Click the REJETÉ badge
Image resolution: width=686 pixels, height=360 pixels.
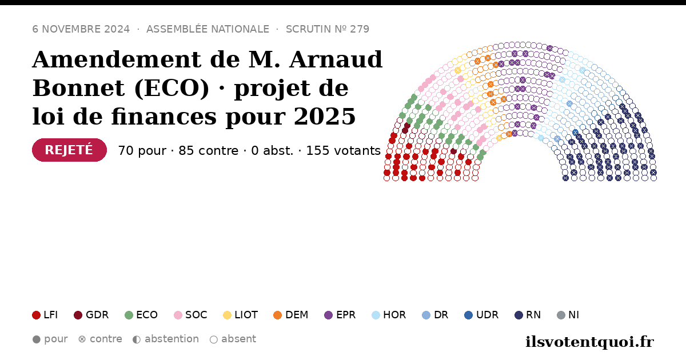pos(69,150)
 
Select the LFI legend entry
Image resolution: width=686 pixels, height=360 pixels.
pos(45,315)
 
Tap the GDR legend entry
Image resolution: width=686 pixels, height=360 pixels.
pos(91,315)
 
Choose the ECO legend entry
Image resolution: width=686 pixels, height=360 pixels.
pos(141,315)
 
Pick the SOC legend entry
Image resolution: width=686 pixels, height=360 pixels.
pos(190,315)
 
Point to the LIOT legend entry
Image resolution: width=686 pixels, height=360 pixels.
pos(241,315)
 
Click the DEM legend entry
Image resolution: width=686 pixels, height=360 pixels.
pos(290,315)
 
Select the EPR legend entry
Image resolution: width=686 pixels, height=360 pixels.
pos(340,315)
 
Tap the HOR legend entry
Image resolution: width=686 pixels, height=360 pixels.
pos(389,315)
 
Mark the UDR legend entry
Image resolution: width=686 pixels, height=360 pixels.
pos(481,315)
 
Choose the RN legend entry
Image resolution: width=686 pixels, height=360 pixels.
pos(528,315)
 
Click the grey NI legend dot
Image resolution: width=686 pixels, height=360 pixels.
pos(561,315)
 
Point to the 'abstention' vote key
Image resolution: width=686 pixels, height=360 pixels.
pos(166,339)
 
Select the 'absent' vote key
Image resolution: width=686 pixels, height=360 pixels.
pos(233,339)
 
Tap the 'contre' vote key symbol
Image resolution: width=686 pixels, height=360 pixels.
pos(82,339)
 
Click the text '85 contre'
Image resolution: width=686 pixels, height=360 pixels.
pos(208,151)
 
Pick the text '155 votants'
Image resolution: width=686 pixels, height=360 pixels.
pos(344,151)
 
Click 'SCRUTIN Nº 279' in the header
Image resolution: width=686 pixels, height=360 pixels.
pos(328,29)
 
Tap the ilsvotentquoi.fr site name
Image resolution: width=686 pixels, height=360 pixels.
pos(589,342)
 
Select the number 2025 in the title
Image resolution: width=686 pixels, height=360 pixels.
pos(325,117)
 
